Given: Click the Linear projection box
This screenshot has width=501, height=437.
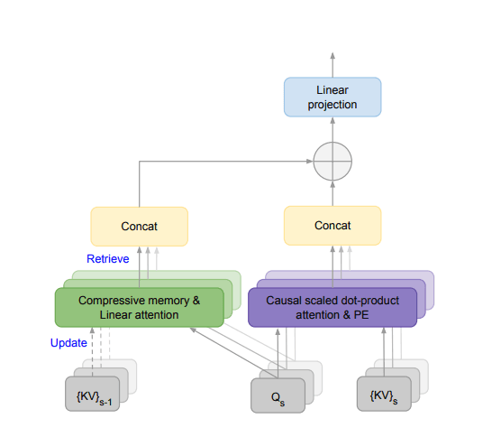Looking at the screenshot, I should pyautogui.click(x=332, y=98).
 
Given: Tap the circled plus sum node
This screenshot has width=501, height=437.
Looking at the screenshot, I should pyautogui.click(x=332, y=163).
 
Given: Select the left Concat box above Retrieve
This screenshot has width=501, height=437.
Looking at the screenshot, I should pyautogui.click(x=139, y=226).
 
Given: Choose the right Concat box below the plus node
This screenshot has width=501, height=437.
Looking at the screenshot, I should pyautogui.click(x=332, y=226).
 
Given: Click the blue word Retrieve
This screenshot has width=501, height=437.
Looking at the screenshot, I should pyautogui.click(x=107, y=259).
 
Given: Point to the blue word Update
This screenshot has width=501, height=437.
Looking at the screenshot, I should pyautogui.click(x=68, y=343).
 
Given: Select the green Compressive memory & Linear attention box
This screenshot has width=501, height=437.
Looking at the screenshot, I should pyautogui.click(x=139, y=307).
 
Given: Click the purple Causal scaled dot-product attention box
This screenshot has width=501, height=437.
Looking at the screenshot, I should pyautogui.click(x=332, y=307).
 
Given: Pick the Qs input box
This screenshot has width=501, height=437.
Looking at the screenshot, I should pyautogui.click(x=275, y=394).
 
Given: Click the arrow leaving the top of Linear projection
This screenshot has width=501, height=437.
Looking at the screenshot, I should pyautogui.click(x=332, y=63).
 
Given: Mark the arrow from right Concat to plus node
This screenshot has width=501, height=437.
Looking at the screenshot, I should pyautogui.click(x=332, y=193).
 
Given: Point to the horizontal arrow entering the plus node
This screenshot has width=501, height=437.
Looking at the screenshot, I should pyautogui.click(x=225, y=163).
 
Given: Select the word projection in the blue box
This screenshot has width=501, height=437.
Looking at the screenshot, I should pyautogui.click(x=332, y=105).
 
